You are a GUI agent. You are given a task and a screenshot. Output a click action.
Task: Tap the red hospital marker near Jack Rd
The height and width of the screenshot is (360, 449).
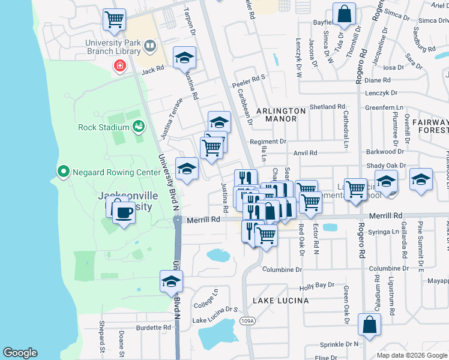click(119, 65)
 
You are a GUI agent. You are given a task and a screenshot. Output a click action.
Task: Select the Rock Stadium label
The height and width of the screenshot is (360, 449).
click(103, 127)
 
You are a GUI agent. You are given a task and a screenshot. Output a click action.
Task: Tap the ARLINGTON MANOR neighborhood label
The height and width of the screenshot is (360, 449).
click(277, 115)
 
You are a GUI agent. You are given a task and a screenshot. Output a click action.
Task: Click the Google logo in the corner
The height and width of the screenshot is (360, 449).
click(20, 353)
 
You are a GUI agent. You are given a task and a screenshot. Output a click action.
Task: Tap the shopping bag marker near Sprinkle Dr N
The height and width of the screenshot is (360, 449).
click(369, 324)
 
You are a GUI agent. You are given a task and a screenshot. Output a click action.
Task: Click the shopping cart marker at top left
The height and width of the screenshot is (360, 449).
click(114, 19)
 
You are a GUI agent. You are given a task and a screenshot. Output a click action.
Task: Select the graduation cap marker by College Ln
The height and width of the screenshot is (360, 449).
click(171, 281)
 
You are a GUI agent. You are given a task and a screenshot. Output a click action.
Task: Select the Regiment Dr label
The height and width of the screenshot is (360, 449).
click(268, 142)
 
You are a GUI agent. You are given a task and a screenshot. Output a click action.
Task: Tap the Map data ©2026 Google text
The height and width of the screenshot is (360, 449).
click(412, 355)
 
